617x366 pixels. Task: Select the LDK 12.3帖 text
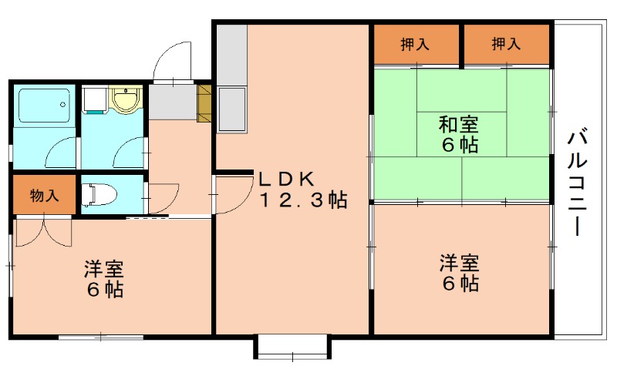(301, 190)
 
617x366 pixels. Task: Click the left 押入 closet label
(415, 45)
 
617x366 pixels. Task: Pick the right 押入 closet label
(506, 45)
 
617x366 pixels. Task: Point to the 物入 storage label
(44, 195)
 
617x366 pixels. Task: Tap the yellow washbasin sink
(123, 100)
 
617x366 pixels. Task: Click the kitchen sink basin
(231, 108)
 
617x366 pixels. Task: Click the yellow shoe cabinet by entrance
(204, 103)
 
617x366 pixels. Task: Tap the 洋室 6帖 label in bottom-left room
(104, 280)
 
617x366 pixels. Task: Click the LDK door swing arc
(232, 193)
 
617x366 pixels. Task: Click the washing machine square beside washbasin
(95, 100)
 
